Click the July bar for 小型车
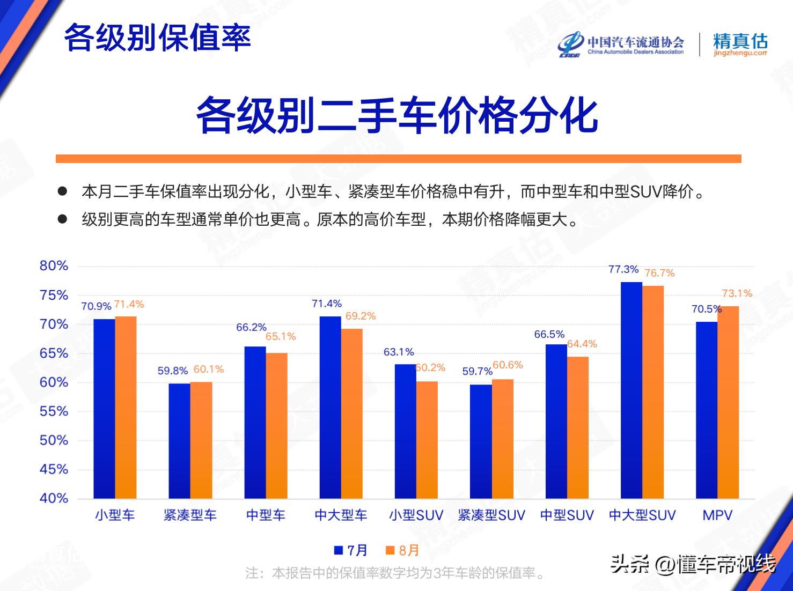(105, 409)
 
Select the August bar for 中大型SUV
(653, 392)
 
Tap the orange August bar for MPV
(728, 403)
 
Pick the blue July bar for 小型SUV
(405, 431)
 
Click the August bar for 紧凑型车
(201, 440)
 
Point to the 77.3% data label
(623, 269)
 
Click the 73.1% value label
(737, 293)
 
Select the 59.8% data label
(173, 371)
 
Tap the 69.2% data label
(361, 316)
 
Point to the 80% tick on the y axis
(54, 265)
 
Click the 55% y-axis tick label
(54, 411)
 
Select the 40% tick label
(54, 499)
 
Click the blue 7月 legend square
(339, 550)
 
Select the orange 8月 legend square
(390, 550)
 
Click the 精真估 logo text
(740, 41)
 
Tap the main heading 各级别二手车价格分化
(396, 115)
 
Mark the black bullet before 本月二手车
(62, 191)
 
